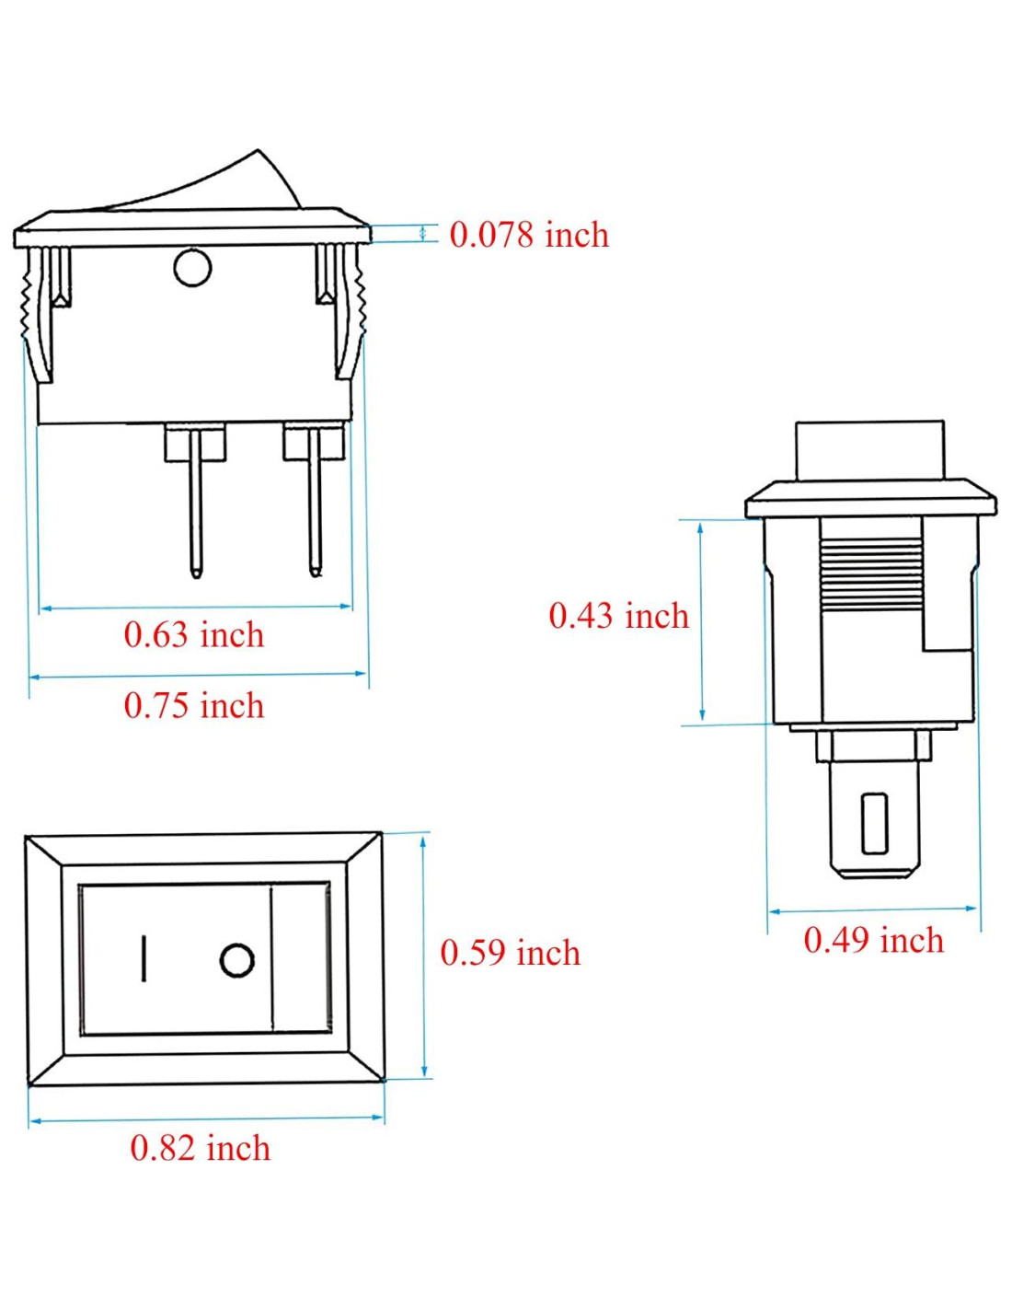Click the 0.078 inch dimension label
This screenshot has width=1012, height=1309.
pos(529,235)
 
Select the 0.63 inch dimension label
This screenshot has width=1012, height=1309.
pos(194,635)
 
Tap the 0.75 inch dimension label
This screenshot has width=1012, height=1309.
pos(194,705)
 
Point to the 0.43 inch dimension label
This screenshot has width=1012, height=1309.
pos(619,616)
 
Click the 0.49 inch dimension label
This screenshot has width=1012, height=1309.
pos(873,941)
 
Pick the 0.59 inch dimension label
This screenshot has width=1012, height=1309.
pos(511,953)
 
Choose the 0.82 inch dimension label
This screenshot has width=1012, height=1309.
pos(201,1148)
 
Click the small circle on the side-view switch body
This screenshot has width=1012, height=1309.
pos(192,268)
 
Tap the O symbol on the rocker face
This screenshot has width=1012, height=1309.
pos(236,959)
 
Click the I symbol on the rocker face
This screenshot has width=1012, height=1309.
pos(144,958)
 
